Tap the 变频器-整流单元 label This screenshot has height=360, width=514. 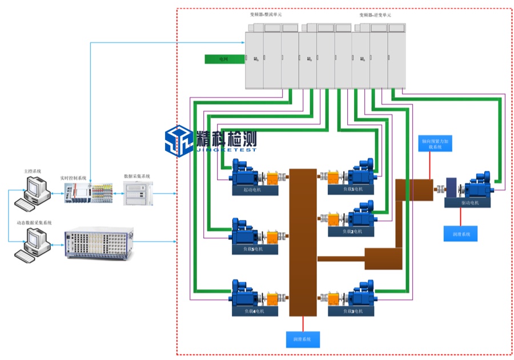click(266, 15)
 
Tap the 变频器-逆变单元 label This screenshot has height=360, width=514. click(375, 15)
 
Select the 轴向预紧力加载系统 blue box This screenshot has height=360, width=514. click(436, 143)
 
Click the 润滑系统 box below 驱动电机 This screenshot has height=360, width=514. click(460, 234)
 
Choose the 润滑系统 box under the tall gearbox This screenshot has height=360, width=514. click(303, 339)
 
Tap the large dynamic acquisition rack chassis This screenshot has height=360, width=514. click(98, 243)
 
